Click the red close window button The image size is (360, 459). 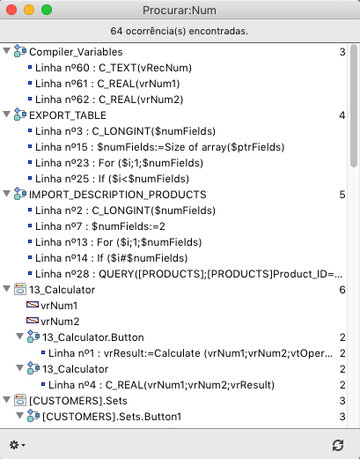11,10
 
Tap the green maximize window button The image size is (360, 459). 47,10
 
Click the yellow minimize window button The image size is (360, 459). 29,10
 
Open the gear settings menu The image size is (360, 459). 18,445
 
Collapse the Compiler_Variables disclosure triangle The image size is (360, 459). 6,51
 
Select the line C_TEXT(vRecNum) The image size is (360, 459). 114,68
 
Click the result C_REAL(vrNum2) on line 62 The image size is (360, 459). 109,100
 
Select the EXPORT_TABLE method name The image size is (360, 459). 68,115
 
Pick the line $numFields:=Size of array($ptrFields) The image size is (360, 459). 160,147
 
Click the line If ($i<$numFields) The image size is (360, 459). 112,179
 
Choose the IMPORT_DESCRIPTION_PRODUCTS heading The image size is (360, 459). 118,195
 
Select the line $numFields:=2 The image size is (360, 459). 100,226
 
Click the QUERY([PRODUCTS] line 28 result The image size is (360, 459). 188,274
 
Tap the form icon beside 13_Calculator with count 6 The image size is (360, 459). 20,290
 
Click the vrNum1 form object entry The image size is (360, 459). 59,306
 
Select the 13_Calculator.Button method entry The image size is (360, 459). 93,337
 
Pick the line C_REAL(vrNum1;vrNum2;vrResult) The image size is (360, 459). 161,385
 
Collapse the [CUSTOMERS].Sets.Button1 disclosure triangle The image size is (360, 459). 20,416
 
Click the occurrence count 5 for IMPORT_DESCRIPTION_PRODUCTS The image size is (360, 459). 342,195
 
